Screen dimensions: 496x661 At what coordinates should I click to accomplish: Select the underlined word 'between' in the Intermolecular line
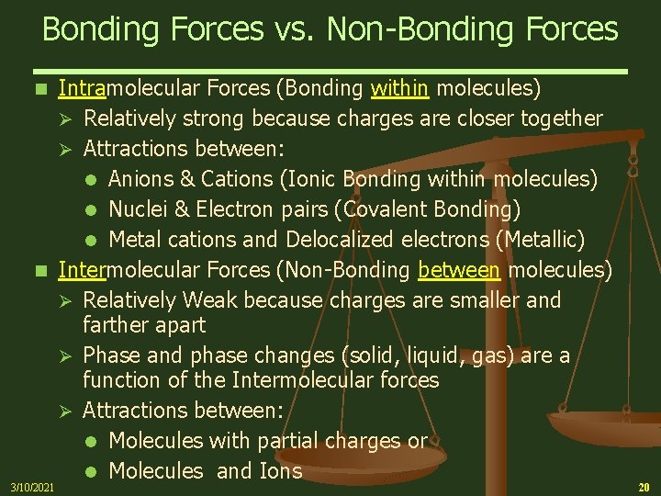pos(460,270)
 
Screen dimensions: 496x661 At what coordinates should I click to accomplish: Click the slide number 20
pos(643,486)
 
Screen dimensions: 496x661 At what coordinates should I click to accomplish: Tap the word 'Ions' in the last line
pos(280,471)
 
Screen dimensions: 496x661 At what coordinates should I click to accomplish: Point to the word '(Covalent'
pos(380,209)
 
